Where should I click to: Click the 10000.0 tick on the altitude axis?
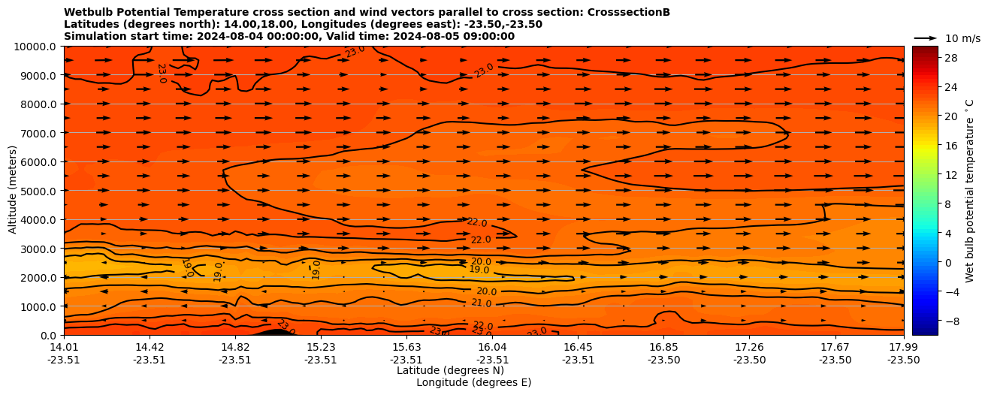tap(35, 47)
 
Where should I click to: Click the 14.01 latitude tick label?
tap(64, 347)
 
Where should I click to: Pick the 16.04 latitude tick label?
tap(492, 347)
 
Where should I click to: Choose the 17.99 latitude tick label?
tap(903, 347)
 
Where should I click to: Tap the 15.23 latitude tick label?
tap(321, 347)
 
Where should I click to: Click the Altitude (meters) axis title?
tap(13, 191)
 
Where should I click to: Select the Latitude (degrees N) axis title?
tap(440, 370)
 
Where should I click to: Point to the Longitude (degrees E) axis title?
tap(473, 382)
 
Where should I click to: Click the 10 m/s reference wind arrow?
tap(926, 38)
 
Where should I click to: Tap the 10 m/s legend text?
tap(962, 38)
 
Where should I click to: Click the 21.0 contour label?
tap(481, 303)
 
